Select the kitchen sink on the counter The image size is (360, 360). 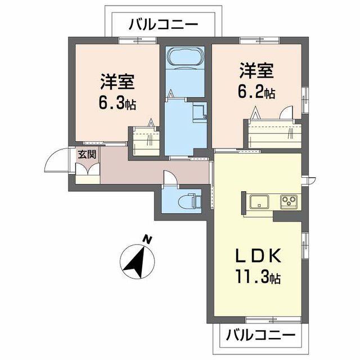point(259,201)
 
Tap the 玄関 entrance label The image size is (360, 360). point(86,155)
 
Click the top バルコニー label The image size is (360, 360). point(163,24)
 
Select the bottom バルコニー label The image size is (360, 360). point(260,336)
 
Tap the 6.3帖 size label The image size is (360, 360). point(117,104)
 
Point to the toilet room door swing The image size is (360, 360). point(168,178)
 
